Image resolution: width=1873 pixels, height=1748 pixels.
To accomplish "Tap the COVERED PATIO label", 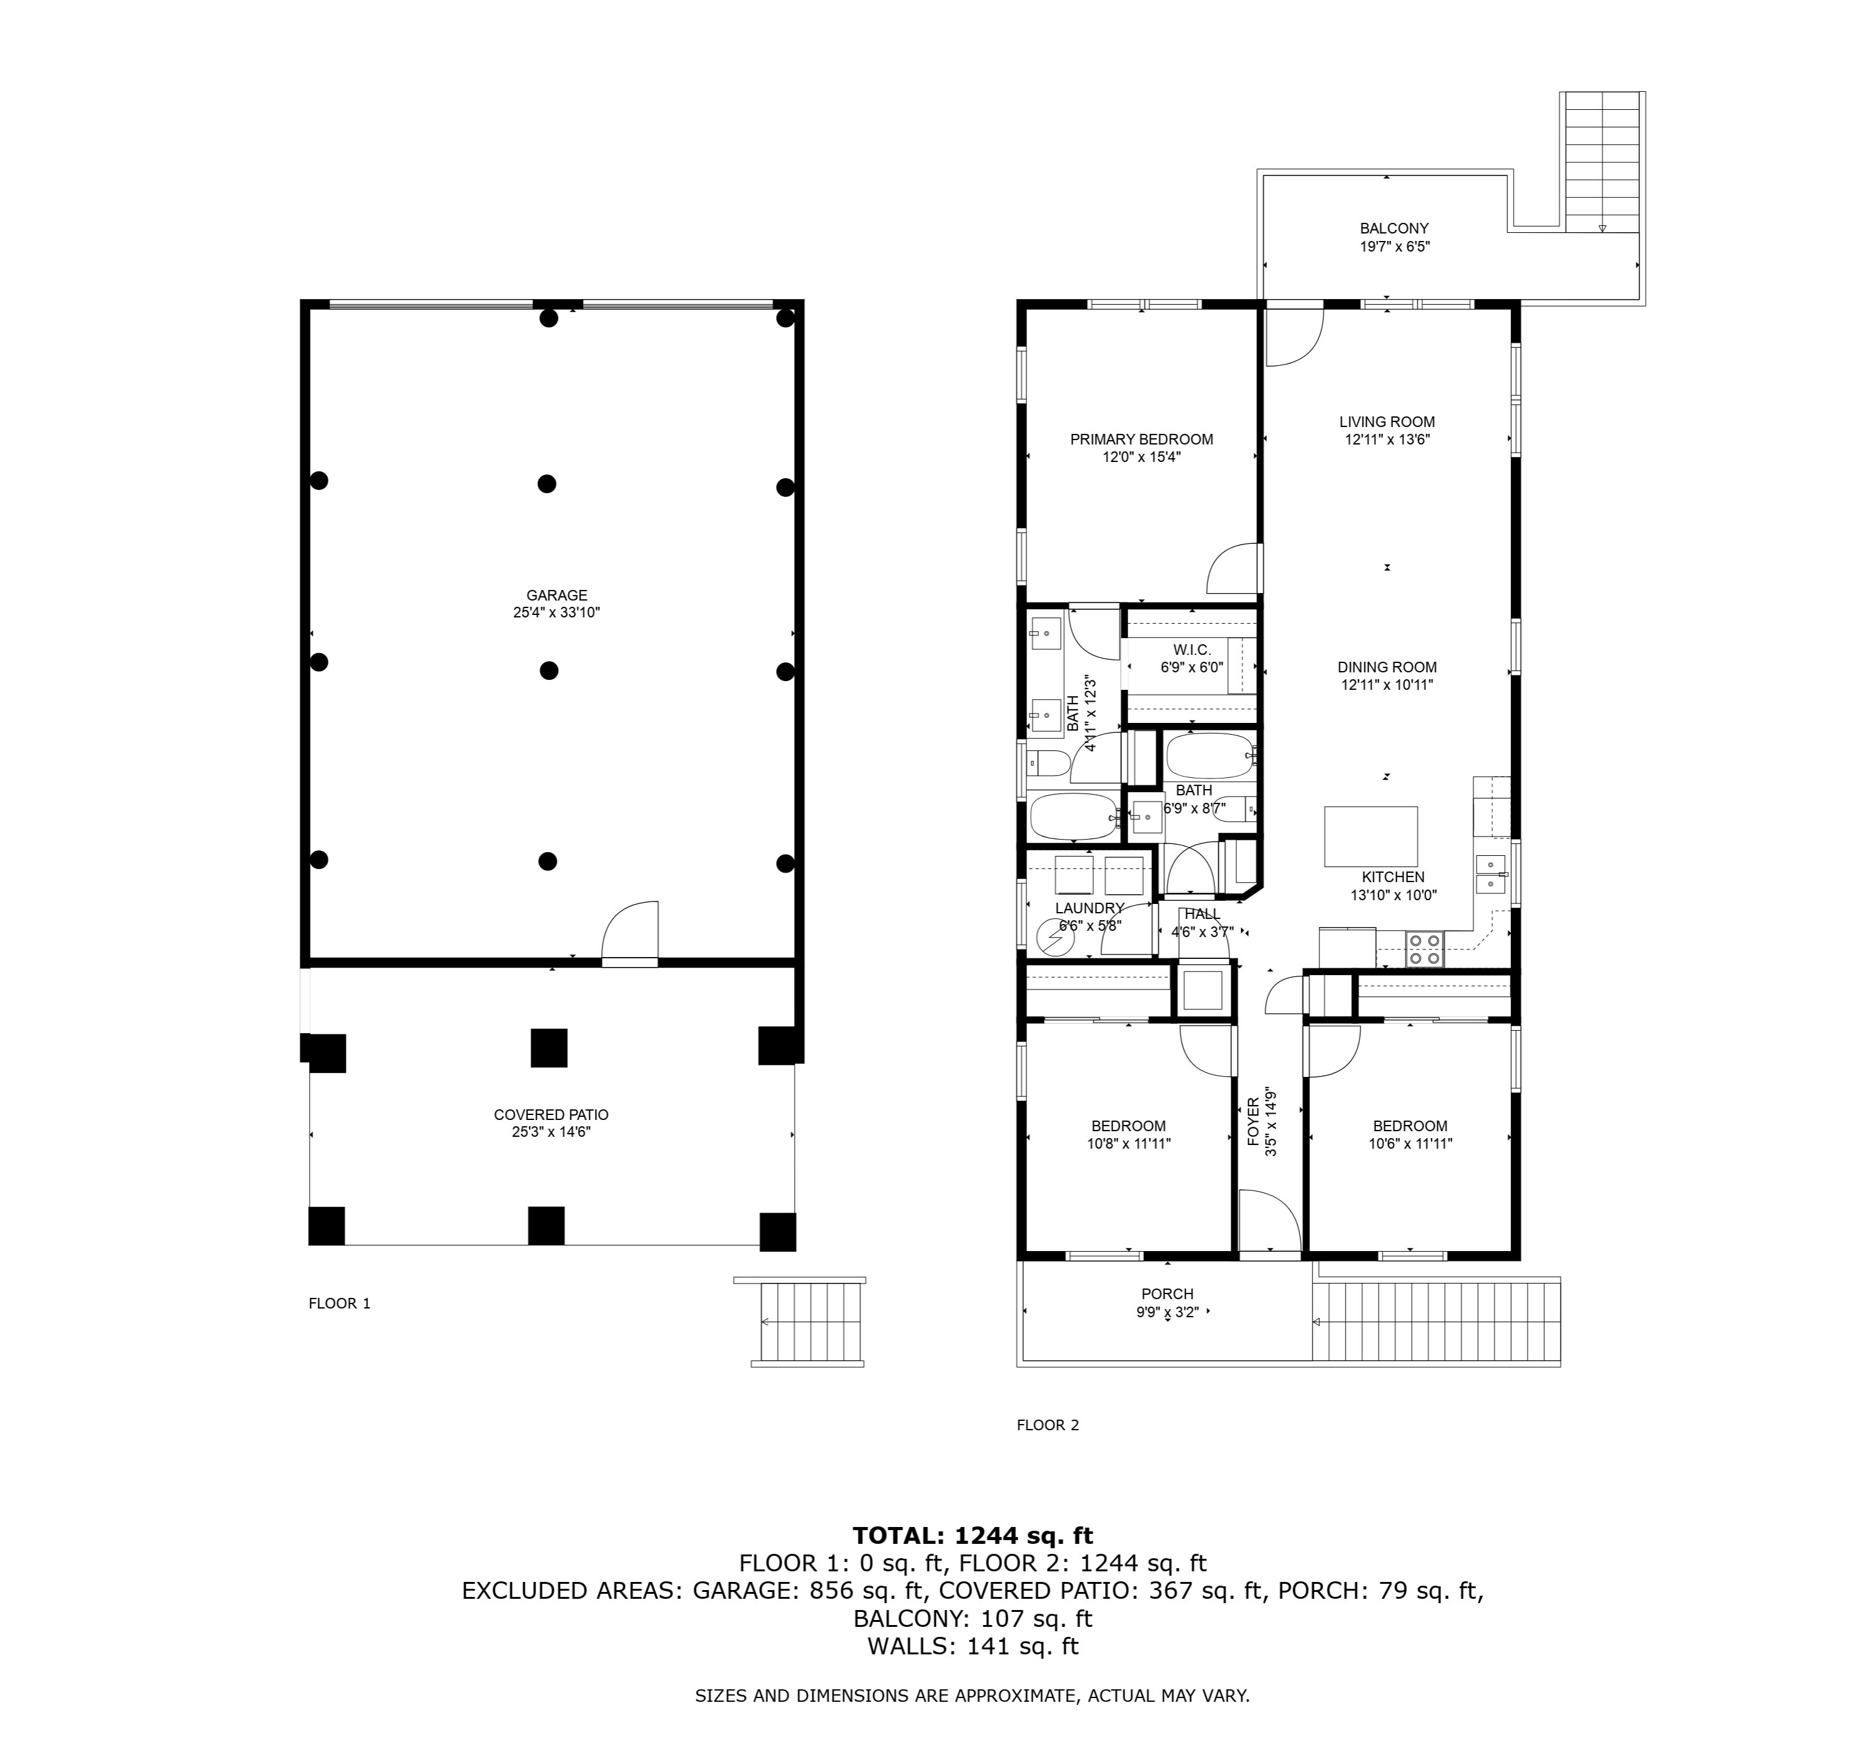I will [551, 1115].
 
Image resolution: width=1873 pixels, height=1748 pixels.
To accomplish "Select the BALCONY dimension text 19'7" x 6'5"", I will [1394, 246].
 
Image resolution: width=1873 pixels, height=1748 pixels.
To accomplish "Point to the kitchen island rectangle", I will [1371, 836].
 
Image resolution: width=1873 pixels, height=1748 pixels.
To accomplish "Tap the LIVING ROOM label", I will [1387, 422].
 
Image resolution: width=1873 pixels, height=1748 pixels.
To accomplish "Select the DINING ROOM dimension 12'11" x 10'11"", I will [1387, 685].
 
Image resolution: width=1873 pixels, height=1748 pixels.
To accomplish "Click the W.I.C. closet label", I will [1192, 651].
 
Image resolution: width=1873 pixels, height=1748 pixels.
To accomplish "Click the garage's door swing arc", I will [629, 928].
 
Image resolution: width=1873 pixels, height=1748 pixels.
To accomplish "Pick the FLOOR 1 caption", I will [339, 1304].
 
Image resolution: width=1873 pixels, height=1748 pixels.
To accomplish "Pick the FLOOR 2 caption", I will [1048, 1425].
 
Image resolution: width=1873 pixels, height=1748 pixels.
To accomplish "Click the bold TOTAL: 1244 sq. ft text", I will [972, 1536].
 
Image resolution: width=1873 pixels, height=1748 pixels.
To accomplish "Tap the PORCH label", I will [1168, 1294].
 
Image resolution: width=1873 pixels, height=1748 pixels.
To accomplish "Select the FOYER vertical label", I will [1253, 1121].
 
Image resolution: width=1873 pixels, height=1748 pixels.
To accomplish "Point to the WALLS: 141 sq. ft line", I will [972, 1646].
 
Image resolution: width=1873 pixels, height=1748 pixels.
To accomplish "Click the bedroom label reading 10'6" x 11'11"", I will [1410, 1144].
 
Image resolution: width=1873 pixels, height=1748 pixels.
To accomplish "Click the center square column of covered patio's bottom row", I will [546, 1225].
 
